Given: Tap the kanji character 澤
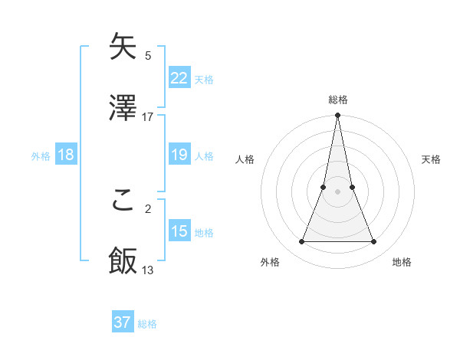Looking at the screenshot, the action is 123,109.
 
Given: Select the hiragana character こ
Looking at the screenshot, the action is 123,200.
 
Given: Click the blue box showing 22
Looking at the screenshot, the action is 179,78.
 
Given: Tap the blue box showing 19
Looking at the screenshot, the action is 179,155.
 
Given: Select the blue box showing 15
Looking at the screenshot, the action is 179,231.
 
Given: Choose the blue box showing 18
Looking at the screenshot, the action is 66,155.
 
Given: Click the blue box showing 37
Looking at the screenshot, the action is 122,322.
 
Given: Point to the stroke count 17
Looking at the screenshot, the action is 148,117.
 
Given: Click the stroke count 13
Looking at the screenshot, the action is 148,270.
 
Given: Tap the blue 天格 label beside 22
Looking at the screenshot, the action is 204,79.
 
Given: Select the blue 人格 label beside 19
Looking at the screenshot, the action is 204,155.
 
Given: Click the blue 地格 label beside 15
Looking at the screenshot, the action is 204,232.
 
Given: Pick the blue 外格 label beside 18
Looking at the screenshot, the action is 41,155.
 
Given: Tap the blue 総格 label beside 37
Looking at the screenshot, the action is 147,323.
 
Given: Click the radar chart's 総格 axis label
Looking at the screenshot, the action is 338,100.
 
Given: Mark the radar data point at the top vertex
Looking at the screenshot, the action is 338,116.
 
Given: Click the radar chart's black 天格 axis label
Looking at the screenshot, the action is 432,159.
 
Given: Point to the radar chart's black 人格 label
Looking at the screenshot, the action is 245,159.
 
